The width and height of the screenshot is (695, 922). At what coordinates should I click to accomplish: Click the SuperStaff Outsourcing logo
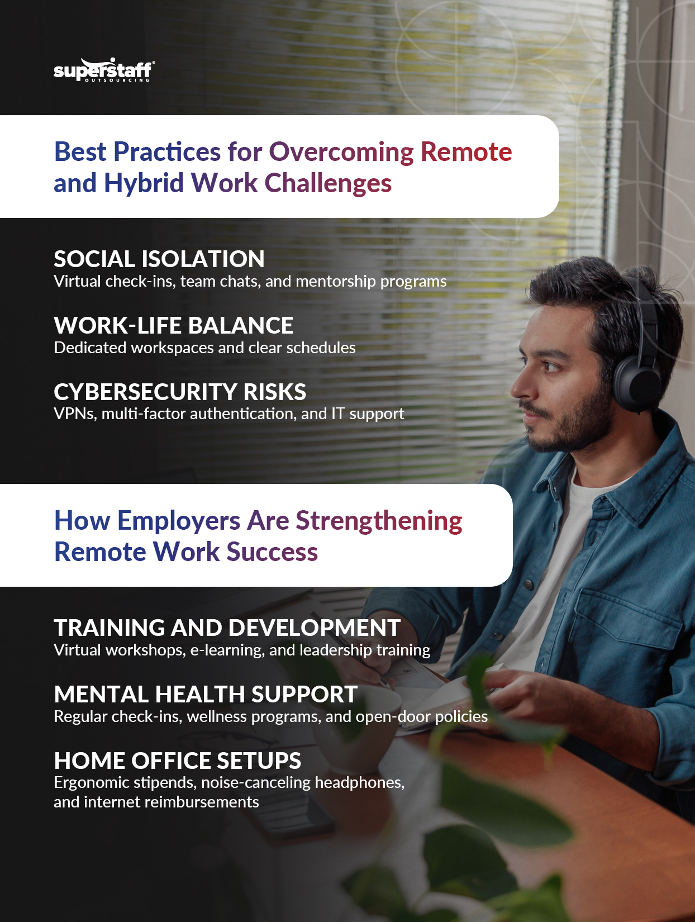click(104, 70)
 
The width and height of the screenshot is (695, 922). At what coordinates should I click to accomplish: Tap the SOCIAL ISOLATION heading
click(159, 259)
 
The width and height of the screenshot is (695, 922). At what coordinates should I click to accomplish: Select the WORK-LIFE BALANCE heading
click(174, 326)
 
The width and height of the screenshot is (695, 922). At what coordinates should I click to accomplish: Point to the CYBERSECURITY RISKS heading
click(180, 392)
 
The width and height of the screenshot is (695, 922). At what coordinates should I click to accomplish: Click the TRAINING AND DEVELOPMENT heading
click(227, 628)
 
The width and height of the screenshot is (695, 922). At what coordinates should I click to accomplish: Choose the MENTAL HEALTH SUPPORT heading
click(206, 695)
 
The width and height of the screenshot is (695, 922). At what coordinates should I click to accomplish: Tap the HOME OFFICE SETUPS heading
click(178, 761)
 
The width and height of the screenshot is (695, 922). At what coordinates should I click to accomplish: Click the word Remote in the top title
click(466, 152)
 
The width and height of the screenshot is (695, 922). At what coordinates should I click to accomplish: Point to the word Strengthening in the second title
click(379, 521)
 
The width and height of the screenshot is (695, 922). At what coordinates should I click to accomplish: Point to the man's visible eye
click(552, 366)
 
